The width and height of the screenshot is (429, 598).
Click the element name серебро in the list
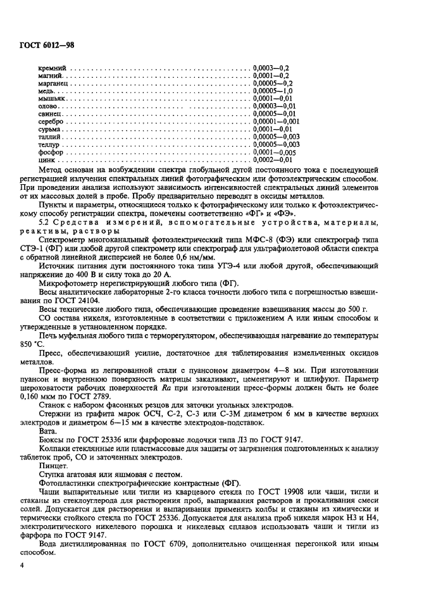51,121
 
